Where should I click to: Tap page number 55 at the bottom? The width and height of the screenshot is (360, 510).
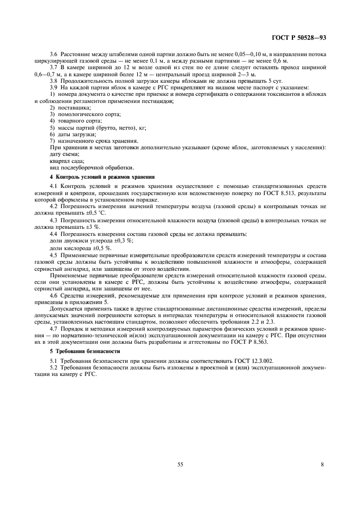pos(179,464)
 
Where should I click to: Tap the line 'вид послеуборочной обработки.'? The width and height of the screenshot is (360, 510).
pos(83,168)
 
